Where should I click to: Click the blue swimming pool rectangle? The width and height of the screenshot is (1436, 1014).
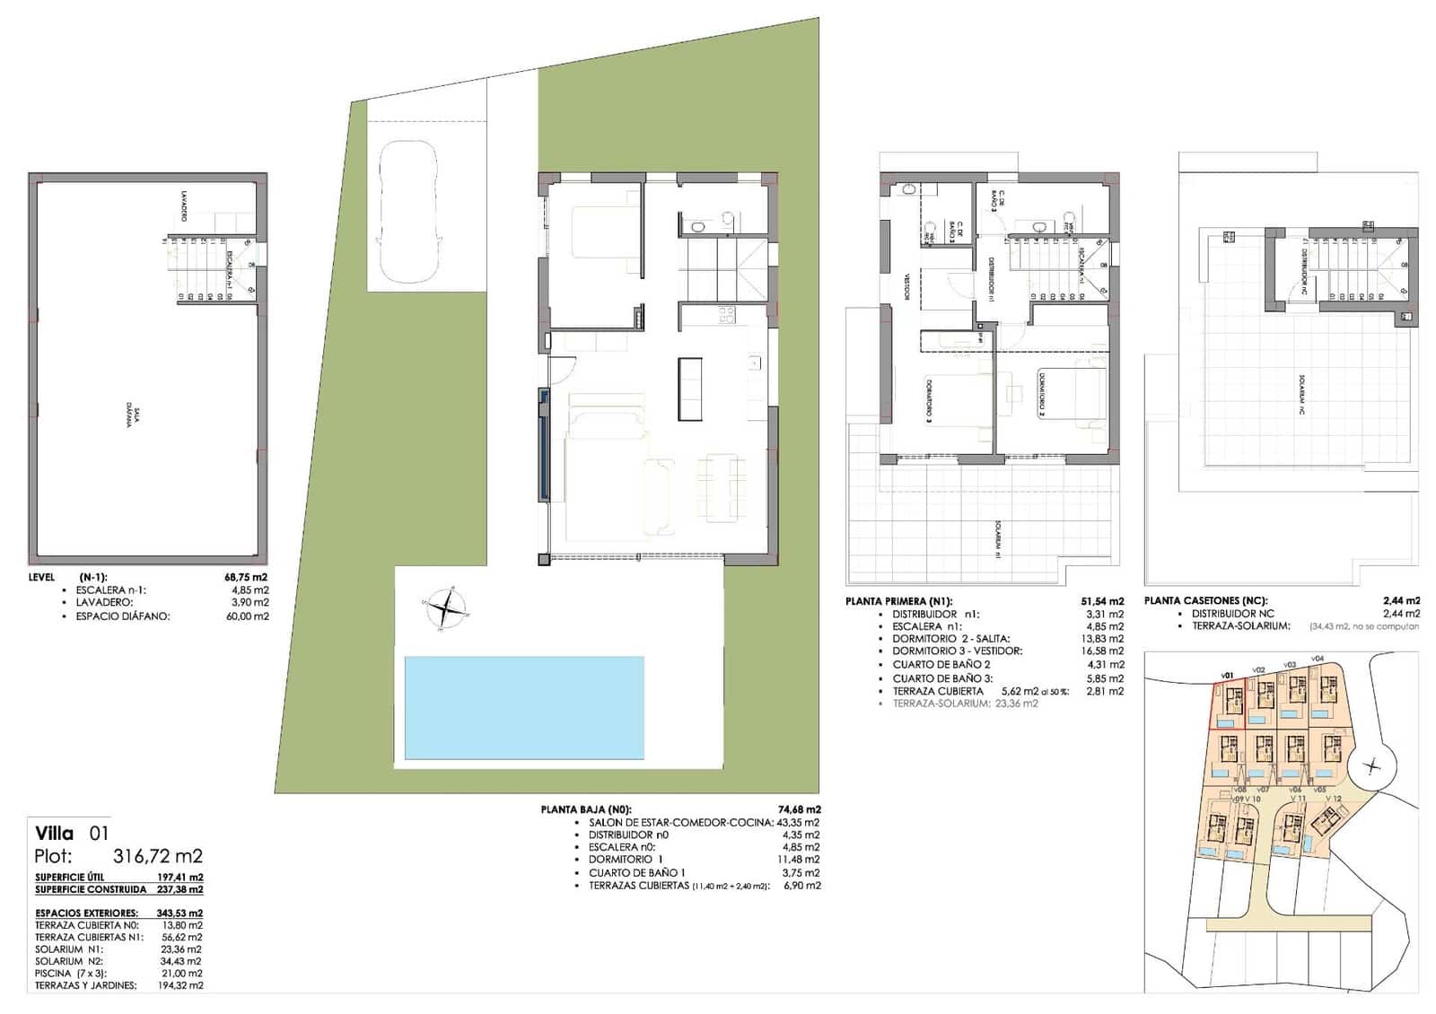point(524,708)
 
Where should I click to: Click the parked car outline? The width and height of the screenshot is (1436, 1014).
point(408,213)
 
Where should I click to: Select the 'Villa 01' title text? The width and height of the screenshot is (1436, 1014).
point(72,833)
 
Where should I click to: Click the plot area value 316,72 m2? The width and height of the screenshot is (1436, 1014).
point(158,856)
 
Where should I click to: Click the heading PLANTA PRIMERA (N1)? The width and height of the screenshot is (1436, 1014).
point(898,601)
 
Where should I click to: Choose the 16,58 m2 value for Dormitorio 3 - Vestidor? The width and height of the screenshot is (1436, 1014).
point(1104,651)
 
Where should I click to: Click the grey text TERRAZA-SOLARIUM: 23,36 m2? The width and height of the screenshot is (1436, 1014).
point(965,704)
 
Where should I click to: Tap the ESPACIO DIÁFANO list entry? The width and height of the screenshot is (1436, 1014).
point(122,616)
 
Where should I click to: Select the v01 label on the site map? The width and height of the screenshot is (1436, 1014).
point(1228,675)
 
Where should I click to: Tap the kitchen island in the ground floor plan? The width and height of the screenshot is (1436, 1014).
point(689,388)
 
